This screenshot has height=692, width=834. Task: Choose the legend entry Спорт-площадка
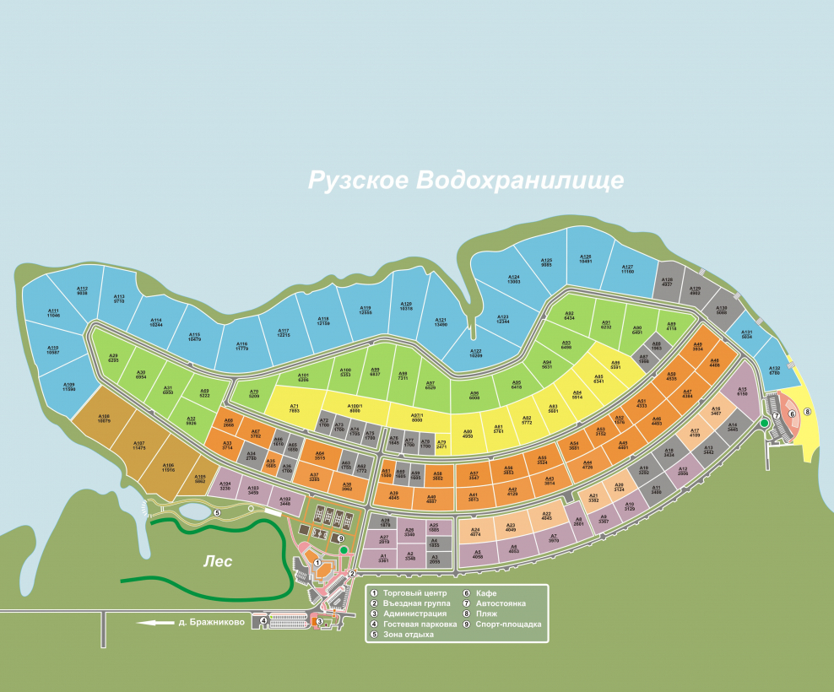click(508, 624)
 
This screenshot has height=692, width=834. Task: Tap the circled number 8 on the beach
click(807, 411)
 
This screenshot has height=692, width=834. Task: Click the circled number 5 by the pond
click(217, 512)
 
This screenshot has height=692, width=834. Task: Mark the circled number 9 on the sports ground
click(340, 538)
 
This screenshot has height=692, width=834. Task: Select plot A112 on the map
click(82, 291)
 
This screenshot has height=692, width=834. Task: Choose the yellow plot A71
click(295, 408)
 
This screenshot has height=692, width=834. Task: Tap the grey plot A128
click(667, 282)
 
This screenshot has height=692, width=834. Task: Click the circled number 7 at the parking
click(777, 416)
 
